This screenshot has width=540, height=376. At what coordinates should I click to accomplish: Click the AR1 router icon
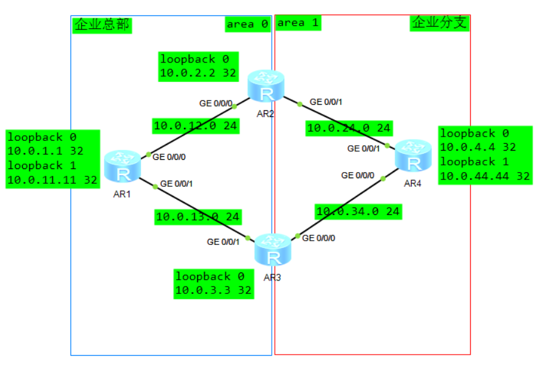[x=123, y=167]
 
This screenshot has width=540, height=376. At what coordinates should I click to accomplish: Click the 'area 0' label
[x=247, y=24]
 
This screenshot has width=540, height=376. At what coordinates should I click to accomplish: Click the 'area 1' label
[x=298, y=23]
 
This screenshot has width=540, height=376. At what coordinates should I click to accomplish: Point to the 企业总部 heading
[x=102, y=25]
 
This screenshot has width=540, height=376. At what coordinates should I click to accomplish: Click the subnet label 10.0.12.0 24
[x=196, y=126]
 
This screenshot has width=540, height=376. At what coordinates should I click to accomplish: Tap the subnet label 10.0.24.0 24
[x=349, y=128]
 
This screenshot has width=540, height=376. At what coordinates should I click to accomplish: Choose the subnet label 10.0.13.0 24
[x=198, y=216]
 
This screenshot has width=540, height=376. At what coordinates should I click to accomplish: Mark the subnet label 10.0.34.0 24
[x=358, y=212]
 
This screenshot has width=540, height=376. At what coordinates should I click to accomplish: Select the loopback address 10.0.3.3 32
[x=214, y=290]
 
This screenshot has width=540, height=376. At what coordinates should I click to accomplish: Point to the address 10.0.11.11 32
[x=52, y=180]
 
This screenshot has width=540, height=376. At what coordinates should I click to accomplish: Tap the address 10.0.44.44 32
[x=485, y=176]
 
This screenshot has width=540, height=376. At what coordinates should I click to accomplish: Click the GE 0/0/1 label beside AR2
[x=326, y=102]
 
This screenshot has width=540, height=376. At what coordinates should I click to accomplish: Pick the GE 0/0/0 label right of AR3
[x=319, y=238]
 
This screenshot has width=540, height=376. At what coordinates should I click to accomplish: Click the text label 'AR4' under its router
[x=412, y=183]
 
